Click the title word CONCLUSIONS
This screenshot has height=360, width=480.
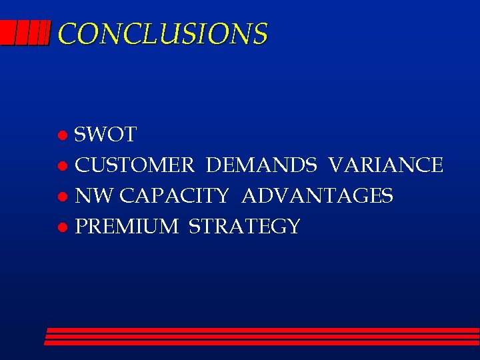click(163, 33)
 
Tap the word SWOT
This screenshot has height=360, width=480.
click(105, 135)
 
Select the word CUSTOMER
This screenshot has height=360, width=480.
click(135, 165)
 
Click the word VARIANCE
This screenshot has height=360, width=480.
click(385, 165)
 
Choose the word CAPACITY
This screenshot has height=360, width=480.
click(175, 196)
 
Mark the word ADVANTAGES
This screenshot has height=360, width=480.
click(317, 196)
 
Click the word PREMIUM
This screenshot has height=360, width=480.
click(127, 227)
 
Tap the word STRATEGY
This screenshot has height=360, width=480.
click(245, 227)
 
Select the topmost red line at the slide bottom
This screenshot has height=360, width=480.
click(263, 330)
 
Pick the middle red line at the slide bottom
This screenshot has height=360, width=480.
click(262, 337)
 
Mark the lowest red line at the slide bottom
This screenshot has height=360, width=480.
click(261, 343)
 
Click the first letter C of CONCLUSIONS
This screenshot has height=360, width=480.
click(67, 33)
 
